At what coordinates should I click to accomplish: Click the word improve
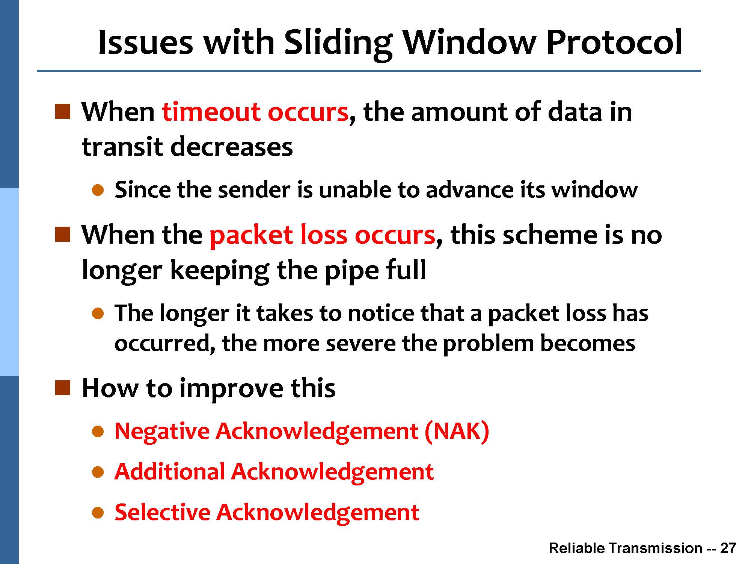coord(231,389)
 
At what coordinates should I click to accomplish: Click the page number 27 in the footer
coord(728,548)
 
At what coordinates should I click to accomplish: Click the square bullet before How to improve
coord(62,388)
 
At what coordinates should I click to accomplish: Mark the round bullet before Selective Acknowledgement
coord(98,512)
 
